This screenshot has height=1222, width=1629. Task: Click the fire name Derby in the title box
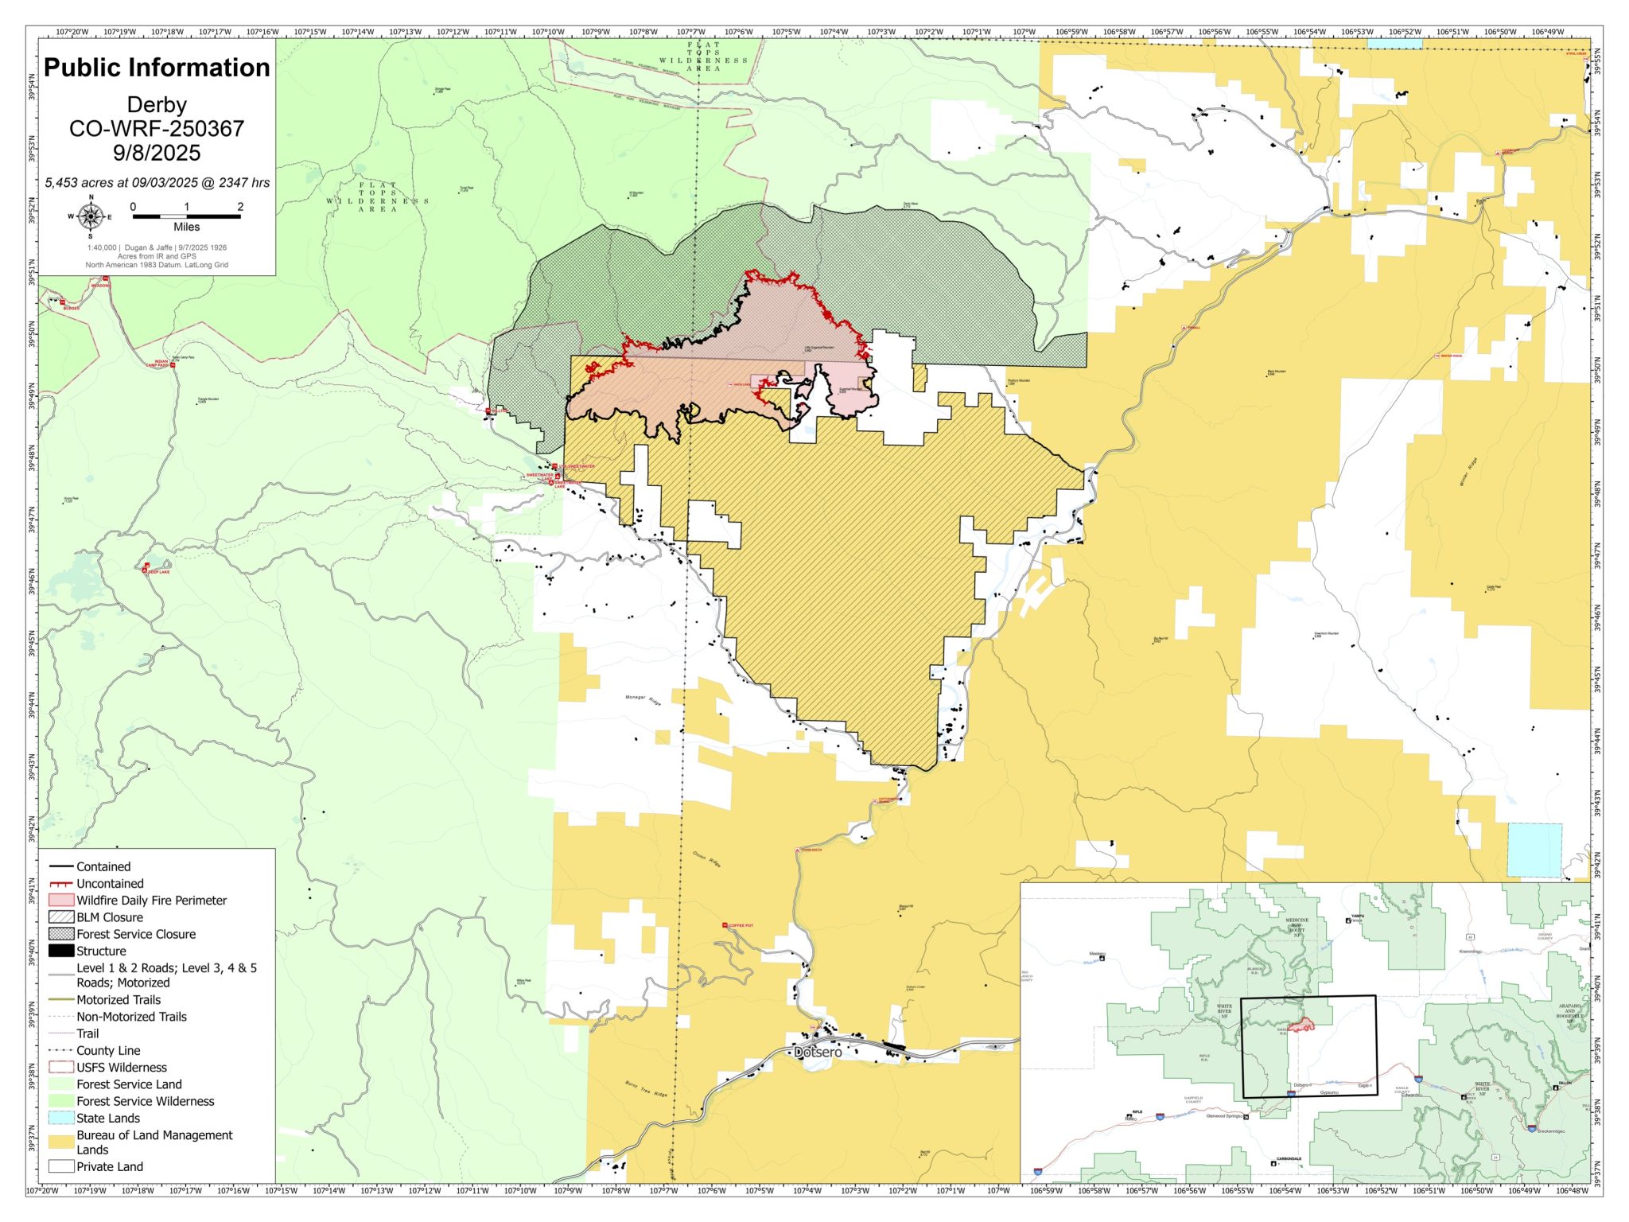click(x=157, y=105)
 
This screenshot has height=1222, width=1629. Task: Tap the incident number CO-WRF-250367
click(x=157, y=129)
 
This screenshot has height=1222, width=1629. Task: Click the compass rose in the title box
click(x=91, y=216)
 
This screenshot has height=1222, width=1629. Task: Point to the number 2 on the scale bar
click(x=240, y=207)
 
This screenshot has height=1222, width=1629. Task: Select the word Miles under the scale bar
click(x=186, y=227)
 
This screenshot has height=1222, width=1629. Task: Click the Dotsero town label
click(x=818, y=1052)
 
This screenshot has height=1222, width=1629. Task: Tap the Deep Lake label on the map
click(x=158, y=572)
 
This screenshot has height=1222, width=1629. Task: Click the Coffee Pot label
click(x=741, y=925)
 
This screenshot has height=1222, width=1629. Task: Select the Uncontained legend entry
click(x=110, y=883)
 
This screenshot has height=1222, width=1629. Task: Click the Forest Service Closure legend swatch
click(x=61, y=934)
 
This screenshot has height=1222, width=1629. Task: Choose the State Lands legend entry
click(x=108, y=1118)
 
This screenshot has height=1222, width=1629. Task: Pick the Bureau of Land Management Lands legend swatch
click(x=61, y=1142)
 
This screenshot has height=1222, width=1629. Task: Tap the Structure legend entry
click(x=101, y=951)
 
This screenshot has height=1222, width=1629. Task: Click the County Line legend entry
click(x=108, y=1050)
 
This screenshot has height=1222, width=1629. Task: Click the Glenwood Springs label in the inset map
click(x=1224, y=1116)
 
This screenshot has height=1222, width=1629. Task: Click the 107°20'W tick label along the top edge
click(x=72, y=32)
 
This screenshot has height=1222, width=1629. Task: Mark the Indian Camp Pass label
click(x=161, y=364)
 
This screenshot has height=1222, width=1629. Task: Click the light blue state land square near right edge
click(x=1534, y=850)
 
